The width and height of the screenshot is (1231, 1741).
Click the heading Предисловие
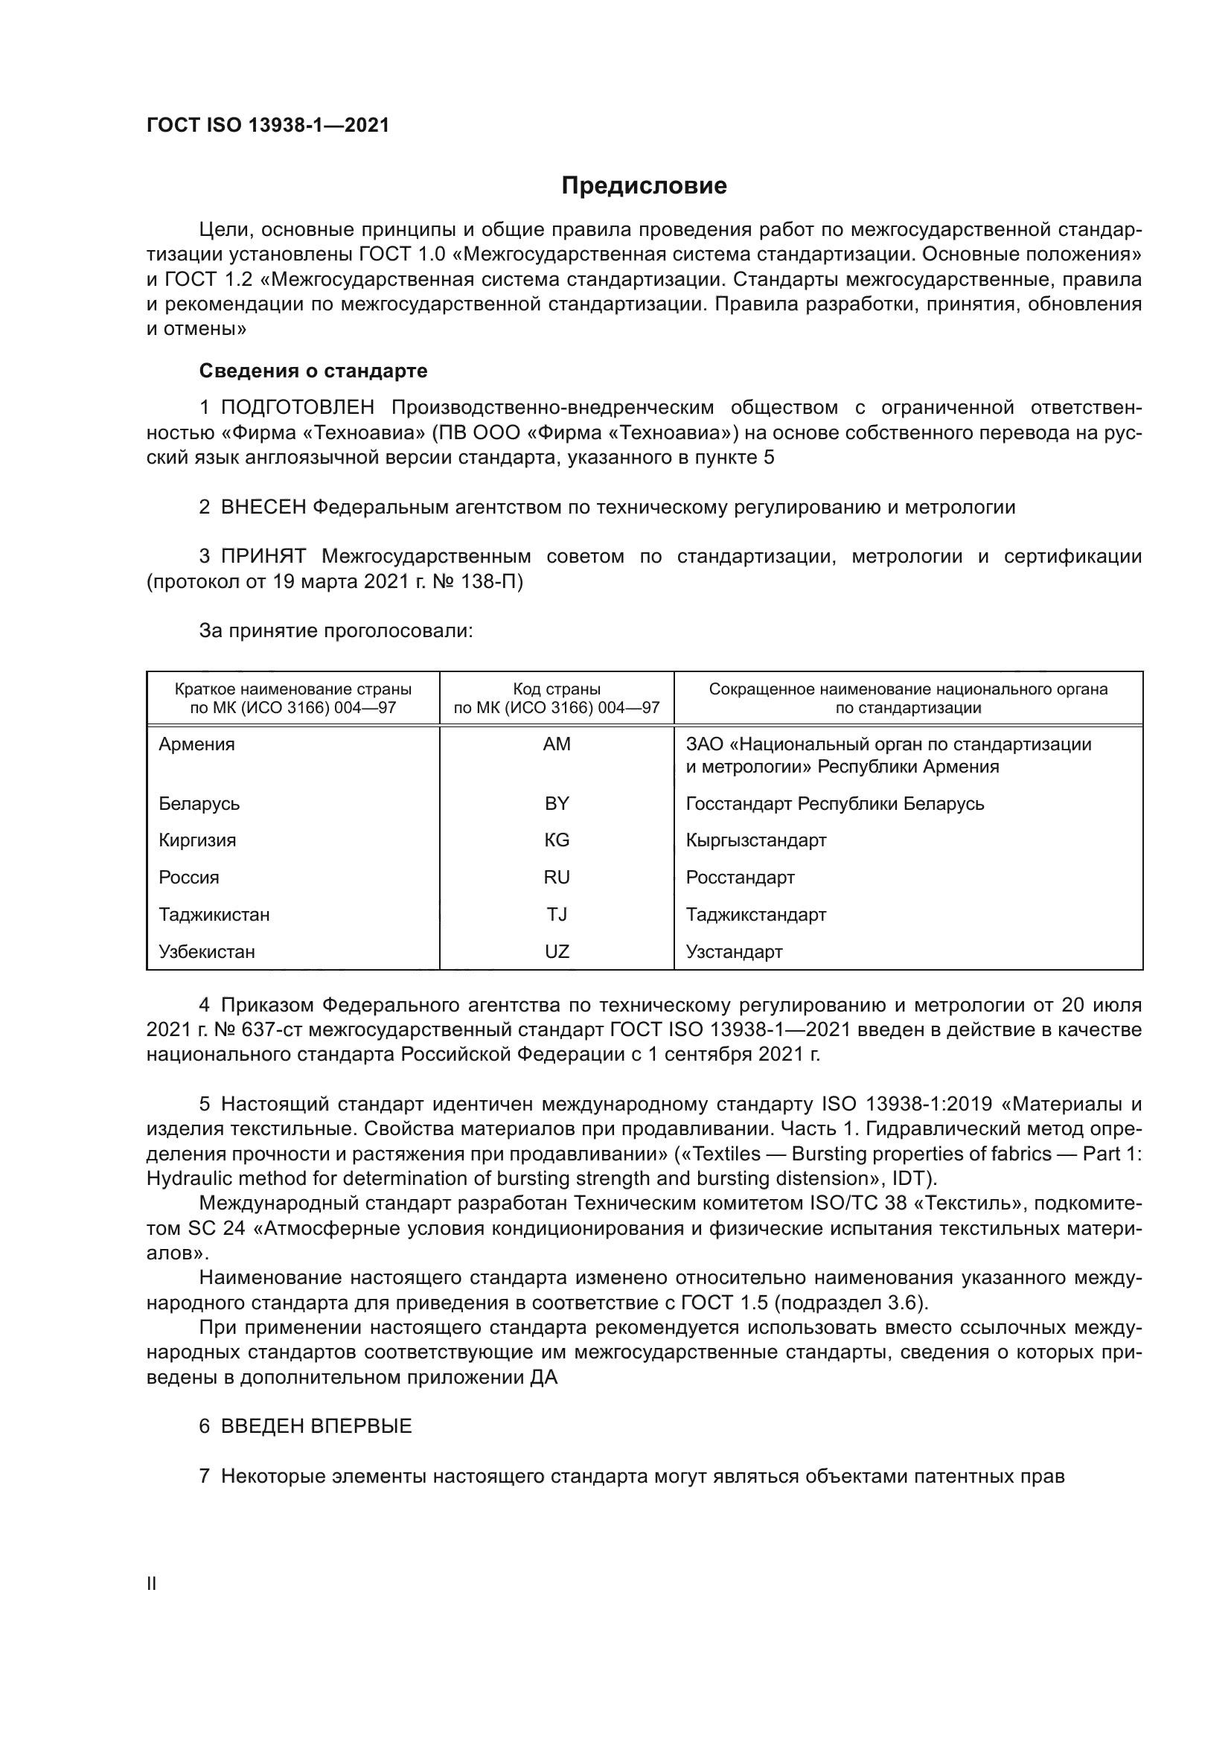644,186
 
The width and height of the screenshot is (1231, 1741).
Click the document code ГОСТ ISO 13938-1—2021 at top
268,126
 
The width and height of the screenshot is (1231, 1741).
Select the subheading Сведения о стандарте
313,371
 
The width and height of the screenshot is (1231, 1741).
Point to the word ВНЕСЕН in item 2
263,508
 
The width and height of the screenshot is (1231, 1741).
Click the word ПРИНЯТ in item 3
263,557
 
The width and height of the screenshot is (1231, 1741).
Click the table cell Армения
197,744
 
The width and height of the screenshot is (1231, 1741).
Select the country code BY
557,804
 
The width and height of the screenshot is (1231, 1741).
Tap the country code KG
557,840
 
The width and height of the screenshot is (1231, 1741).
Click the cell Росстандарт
740,878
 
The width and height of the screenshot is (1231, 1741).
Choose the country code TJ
557,915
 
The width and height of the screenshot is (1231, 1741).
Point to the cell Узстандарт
734,952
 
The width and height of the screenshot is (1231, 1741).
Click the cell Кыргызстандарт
755,840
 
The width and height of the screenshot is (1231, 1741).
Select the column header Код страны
557,689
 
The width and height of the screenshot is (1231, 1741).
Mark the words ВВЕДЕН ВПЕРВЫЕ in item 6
316,1426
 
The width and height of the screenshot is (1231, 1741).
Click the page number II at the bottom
152,1583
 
